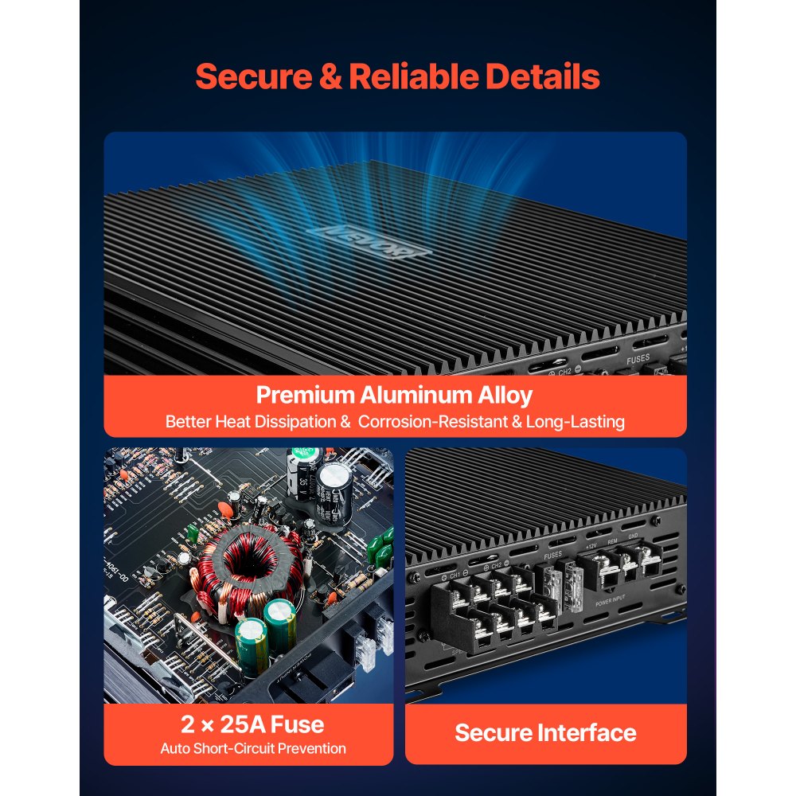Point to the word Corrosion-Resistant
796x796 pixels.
click(439, 421)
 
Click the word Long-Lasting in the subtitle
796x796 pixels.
click(576, 421)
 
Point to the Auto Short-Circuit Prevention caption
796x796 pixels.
click(253, 748)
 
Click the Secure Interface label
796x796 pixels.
click(545, 732)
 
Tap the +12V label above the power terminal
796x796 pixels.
click(591, 547)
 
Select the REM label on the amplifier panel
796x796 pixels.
click(612, 542)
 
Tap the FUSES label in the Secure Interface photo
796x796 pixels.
click(552, 556)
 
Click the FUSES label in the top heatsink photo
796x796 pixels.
click(638, 359)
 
